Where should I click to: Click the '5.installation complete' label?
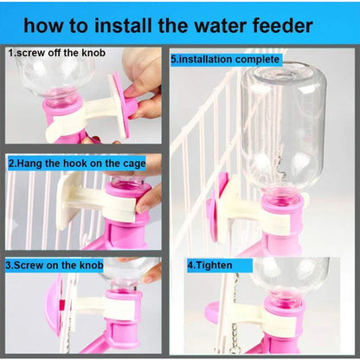(x=226, y=60)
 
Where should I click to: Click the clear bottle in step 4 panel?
(x=291, y=277)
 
